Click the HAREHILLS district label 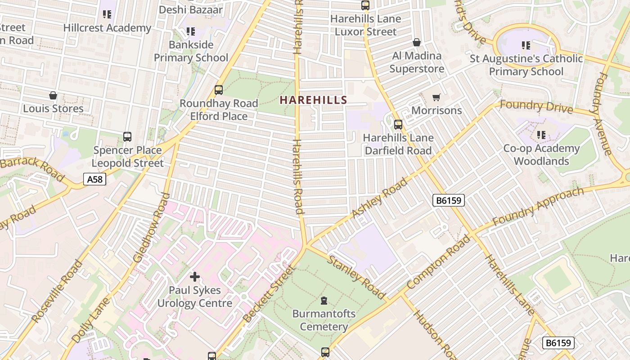[313, 100]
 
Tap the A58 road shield [95, 180]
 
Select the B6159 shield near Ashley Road [448, 200]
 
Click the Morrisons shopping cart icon [436, 98]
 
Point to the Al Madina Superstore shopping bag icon [417, 43]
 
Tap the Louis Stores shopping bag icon [53, 96]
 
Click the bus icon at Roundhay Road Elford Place [219, 90]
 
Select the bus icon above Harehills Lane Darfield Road [398, 125]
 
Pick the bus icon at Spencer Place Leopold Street [127, 137]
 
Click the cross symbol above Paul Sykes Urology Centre [195, 277]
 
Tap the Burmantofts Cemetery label [324, 320]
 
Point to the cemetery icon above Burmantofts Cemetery [324, 301]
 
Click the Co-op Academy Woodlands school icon [541, 135]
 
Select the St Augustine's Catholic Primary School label [526, 65]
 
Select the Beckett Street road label [269, 294]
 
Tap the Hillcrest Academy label [107, 27]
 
